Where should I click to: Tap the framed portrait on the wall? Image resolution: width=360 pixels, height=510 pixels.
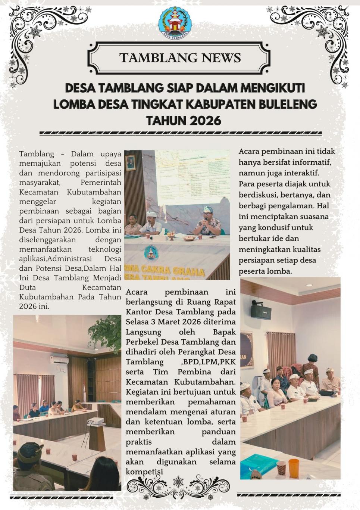click(x=130, y=163)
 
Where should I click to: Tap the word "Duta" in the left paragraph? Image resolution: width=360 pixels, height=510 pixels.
click(x=27, y=287)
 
